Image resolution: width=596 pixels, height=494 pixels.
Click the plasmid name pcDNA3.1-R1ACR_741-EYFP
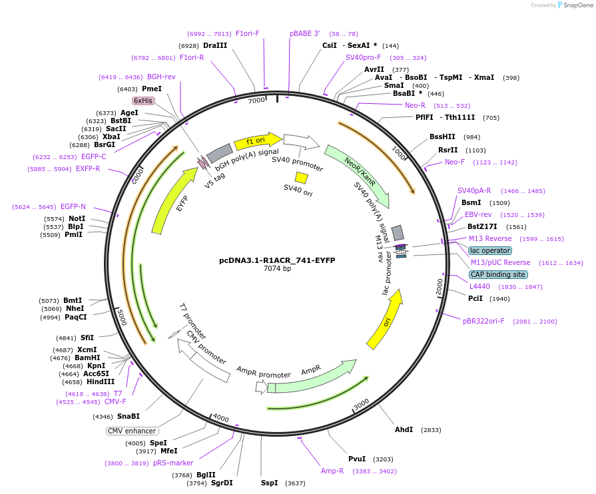(277, 260)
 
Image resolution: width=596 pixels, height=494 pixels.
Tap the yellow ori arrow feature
(386, 320)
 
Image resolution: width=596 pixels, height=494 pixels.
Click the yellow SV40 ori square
(302, 178)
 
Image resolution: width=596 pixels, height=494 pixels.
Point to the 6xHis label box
(143, 101)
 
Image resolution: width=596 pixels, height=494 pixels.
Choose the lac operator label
(489, 250)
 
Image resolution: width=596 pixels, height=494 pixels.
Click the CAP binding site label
(498, 274)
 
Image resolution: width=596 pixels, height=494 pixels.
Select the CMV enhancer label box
(132, 431)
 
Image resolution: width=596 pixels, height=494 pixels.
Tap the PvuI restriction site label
(358, 459)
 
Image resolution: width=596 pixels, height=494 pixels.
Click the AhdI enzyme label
(404, 429)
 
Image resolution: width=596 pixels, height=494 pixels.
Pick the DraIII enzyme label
(215, 45)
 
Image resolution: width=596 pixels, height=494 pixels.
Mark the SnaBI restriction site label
(129, 416)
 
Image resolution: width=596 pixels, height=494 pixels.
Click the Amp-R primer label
(332, 471)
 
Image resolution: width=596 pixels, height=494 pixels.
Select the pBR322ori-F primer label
(483, 321)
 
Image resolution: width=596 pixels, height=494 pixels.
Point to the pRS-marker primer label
(173, 463)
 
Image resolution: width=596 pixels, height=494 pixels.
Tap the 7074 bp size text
(277, 269)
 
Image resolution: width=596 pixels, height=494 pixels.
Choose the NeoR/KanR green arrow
(360, 172)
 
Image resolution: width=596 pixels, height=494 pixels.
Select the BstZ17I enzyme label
(482, 226)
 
